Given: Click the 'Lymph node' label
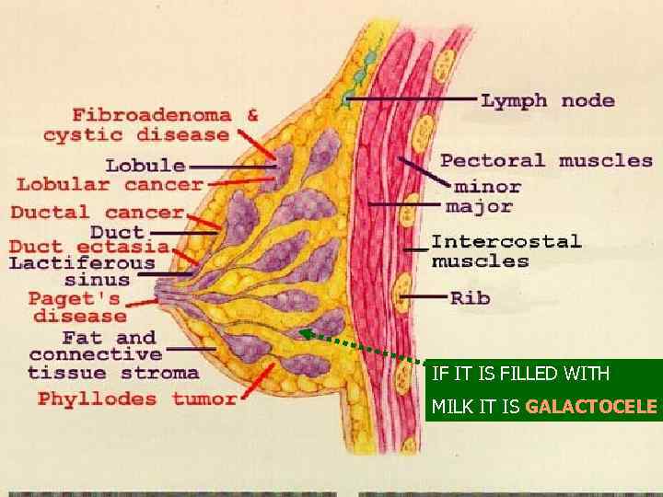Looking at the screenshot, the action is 547,100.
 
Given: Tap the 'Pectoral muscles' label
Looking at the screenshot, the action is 546,160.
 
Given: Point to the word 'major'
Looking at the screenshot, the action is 479,205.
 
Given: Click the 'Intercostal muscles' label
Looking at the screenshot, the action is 506,250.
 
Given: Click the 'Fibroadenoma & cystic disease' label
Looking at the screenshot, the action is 152,125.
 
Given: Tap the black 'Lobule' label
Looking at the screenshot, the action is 145,167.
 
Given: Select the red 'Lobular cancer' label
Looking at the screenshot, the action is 110,185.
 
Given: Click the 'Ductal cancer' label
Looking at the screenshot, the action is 97,213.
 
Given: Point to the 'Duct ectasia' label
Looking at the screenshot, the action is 89,247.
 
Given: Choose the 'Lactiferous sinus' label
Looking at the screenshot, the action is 83,272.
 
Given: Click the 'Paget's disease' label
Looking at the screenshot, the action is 75,306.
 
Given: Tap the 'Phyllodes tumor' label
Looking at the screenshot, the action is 137,399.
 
